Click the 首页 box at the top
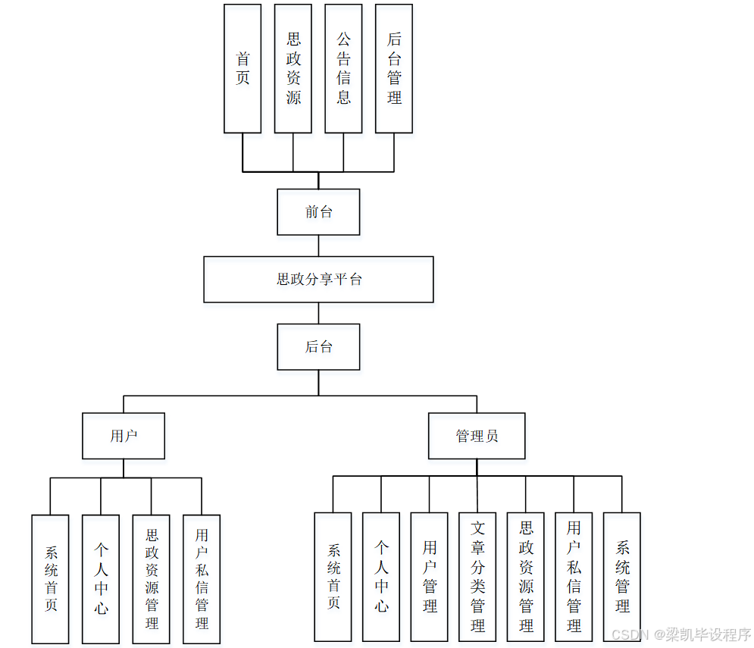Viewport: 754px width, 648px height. [242, 68]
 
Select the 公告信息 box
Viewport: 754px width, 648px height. [343, 68]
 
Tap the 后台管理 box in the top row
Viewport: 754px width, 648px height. [394, 68]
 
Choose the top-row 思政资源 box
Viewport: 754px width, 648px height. [293, 68]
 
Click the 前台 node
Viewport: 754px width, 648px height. [318, 212]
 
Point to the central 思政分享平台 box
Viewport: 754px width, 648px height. [318, 280]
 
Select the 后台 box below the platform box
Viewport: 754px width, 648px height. [318, 347]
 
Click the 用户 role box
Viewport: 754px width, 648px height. [124, 436]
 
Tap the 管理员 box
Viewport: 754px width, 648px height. [477, 436]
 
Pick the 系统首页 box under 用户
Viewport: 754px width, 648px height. [50, 579]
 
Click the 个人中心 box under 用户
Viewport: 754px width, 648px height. [101, 579]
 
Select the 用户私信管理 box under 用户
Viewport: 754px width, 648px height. [202, 579]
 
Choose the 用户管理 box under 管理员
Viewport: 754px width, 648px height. [430, 577]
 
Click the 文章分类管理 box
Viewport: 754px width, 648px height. [477, 577]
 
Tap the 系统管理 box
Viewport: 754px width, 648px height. [622, 577]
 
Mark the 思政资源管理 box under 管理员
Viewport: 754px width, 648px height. [526, 577]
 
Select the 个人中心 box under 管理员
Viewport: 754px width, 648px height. [381, 577]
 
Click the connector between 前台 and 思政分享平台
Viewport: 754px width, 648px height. [318, 246]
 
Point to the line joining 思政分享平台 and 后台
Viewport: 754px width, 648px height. [318, 313]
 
